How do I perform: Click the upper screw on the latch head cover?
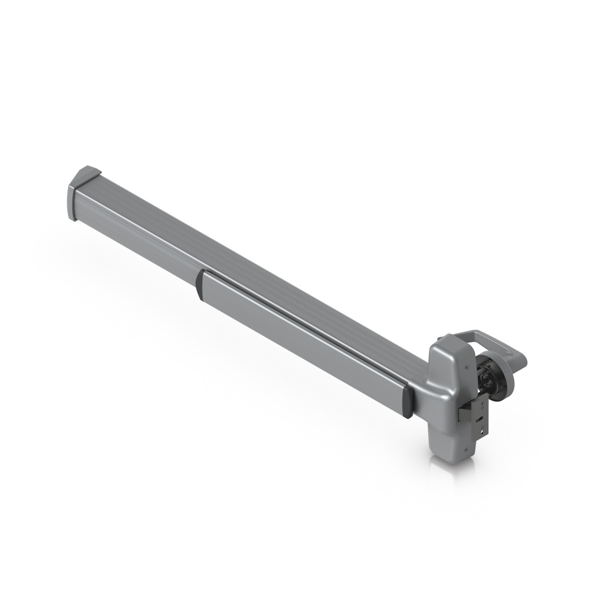466,367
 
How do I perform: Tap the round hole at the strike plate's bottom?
480,429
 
